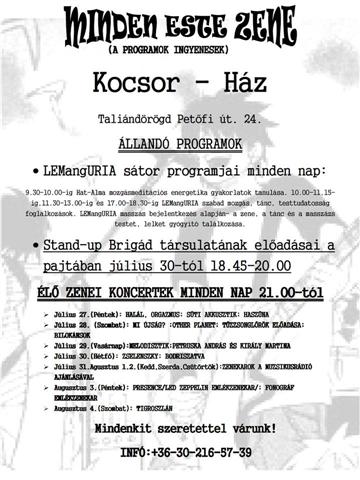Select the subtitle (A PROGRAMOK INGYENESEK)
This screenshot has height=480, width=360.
click(181, 46)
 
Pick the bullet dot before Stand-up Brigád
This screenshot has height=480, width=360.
click(37, 246)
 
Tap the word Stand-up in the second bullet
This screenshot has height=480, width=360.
click(79, 246)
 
